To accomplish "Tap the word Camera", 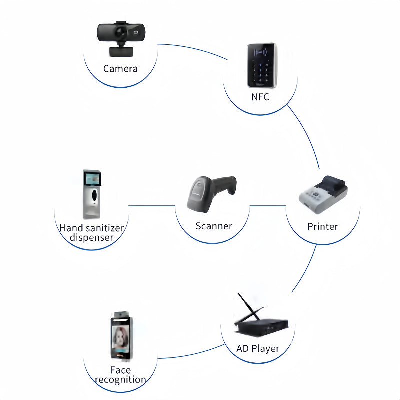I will pos(120,69).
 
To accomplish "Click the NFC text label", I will pos(260,97).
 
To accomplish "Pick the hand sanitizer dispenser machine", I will pos(91,194).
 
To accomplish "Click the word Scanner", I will pos(214,226).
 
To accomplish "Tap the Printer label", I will pos(323,227).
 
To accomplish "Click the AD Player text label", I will pos(258,349).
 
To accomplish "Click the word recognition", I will pos(120,380).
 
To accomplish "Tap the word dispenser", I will pos(92,237).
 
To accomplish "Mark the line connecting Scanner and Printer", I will pos(267,205).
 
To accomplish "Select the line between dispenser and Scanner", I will pos(152,205).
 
